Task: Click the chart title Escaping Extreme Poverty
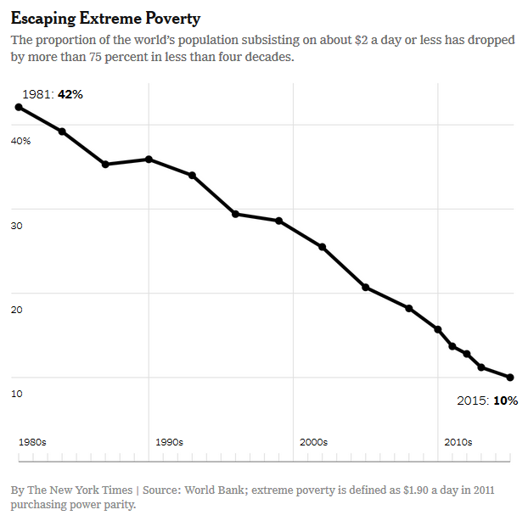pos(105,18)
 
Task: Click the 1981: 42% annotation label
pos(53,94)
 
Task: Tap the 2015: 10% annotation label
pos(487,400)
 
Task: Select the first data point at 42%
pos(19,107)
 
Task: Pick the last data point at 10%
pos(510,378)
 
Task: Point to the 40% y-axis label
pos(21,140)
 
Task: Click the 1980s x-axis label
pos(32,442)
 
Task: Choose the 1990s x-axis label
pos(169,442)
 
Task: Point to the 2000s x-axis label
pos(313,442)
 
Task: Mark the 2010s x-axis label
pos(458,442)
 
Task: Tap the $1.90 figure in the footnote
pos(399,490)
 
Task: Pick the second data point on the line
pos(62,132)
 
